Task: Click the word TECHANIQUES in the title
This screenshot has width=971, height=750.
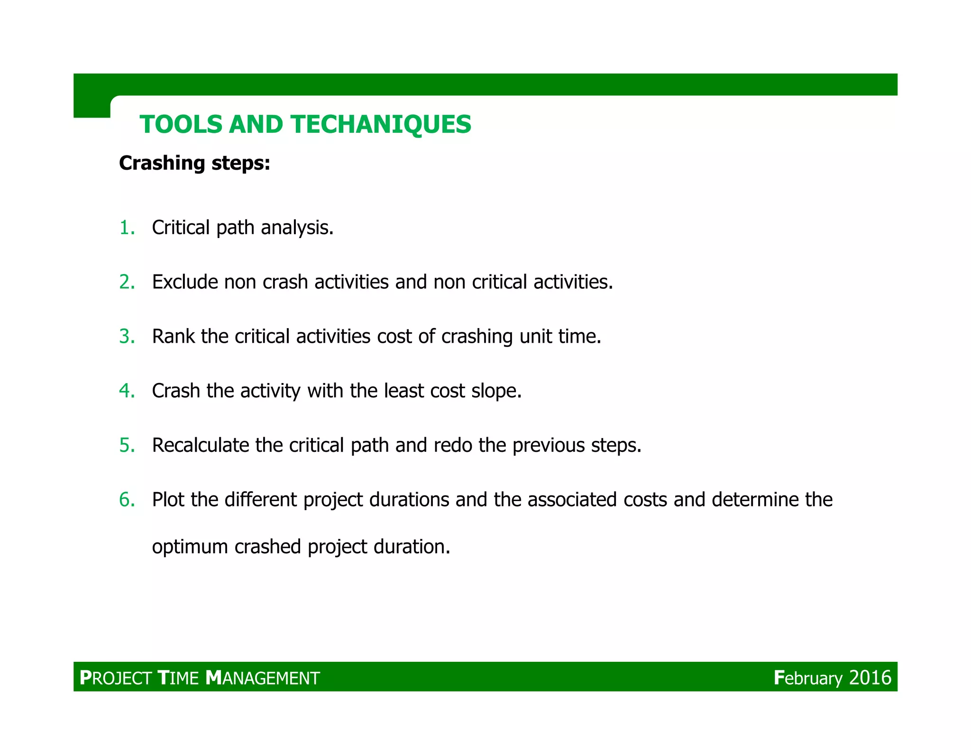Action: tap(381, 125)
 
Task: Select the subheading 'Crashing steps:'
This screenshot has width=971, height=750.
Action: tap(194, 163)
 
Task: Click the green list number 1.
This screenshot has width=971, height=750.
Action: tap(126, 228)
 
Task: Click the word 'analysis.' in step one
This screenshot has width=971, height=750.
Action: tap(297, 228)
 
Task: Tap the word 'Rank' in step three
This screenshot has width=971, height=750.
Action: tap(173, 337)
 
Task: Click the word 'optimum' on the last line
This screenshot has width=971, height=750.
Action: tap(190, 547)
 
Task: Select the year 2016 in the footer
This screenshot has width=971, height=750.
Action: tap(870, 678)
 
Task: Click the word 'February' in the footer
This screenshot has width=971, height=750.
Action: tap(808, 678)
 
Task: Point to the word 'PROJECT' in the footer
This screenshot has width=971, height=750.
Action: tap(116, 678)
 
